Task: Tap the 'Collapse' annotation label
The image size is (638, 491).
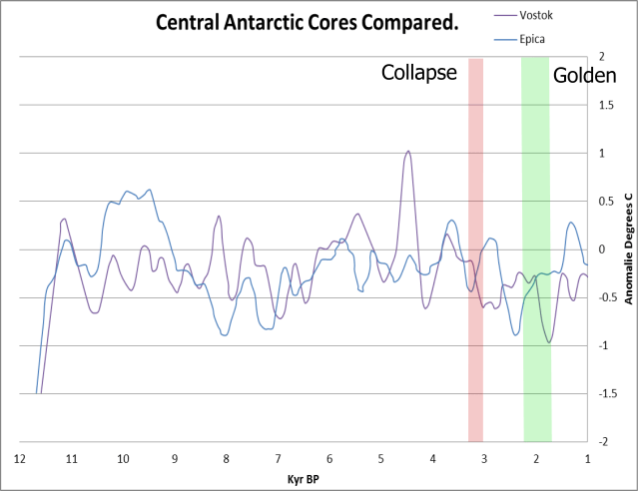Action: pyautogui.click(x=419, y=73)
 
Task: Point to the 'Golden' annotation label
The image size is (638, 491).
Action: pyautogui.click(x=585, y=75)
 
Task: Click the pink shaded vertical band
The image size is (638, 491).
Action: pyautogui.click(x=475, y=249)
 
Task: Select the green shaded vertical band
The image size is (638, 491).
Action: pyautogui.click(x=536, y=249)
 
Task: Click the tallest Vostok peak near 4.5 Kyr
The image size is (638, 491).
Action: pyautogui.click(x=407, y=152)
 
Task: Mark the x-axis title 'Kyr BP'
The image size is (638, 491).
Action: pyautogui.click(x=304, y=480)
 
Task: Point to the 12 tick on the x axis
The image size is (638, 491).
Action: pyautogui.click(x=19, y=460)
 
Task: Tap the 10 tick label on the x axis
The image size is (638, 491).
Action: pyautogui.click(x=123, y=460)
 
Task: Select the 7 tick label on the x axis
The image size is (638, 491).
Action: pyautogui.click(x=278, y=460)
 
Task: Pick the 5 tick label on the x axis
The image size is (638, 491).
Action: pyautogui.click(x=380, y=460)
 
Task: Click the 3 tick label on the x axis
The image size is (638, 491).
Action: pyautogui.click(x=484, y=460)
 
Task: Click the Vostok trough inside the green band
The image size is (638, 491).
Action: pyautogui.click(x=549, y=342)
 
